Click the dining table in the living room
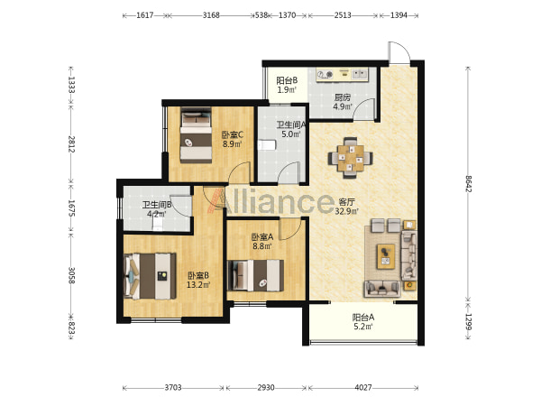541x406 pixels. [350, 158]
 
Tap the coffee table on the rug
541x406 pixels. [386, 256]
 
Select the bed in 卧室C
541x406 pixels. [196, 135]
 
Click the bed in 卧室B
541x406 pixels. [150, 276]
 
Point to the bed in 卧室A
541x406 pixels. [256, 275]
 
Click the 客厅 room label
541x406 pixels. [346, 201]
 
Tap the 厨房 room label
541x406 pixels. [342, 97]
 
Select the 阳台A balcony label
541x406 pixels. [363, 317]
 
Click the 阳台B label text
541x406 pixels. [287, 81]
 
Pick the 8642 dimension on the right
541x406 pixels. [468, 184]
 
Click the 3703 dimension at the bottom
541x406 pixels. [173, 388]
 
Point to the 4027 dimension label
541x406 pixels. [363, 388]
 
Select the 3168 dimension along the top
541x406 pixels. [211, 15]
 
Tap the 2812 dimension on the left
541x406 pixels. [71, 144]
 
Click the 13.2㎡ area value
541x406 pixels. [198, 285]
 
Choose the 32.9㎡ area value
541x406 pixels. [346, 210]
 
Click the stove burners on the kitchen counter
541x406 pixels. [325, 74]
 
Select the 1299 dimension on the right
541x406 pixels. [468, 322]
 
